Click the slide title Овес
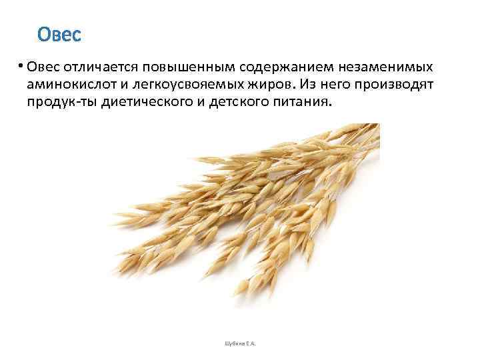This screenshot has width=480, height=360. click(x=59, y=34)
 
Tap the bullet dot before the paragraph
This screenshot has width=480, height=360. click(x=21, y=65)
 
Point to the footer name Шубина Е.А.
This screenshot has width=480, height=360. click(x=239, y=344)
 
